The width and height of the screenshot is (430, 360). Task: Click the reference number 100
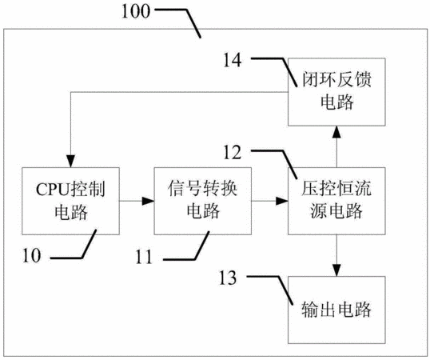[x=136, y=11]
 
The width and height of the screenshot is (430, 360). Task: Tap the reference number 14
[x=233, y=60]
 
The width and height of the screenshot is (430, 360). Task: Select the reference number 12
[x=233, y=153]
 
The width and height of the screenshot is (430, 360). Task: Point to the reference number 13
[x=227, y=278]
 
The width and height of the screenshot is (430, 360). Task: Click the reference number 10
[x=32, y=255]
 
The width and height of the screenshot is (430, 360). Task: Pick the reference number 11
[x=144, y=257]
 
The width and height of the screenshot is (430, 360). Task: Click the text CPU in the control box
[x=53, y=190]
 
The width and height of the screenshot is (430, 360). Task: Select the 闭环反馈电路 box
[x=336, y=92]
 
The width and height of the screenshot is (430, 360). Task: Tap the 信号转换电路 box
[x=203, y=201]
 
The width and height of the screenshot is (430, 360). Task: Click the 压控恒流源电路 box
[x=336, y=201]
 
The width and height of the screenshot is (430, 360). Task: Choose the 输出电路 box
[x=336, y=310]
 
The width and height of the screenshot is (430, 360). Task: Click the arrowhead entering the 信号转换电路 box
[x=148, y=201]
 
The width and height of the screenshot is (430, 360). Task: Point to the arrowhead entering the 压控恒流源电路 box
[x=282, y=201]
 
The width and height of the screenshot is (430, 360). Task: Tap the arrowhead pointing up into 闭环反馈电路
[x=336, y=132]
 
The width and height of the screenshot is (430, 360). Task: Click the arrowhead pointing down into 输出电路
[x=336, y=270]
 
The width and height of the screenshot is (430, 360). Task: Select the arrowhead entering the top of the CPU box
[x=71, y=162]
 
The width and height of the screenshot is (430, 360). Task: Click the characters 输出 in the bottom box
[x=318, y=310]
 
